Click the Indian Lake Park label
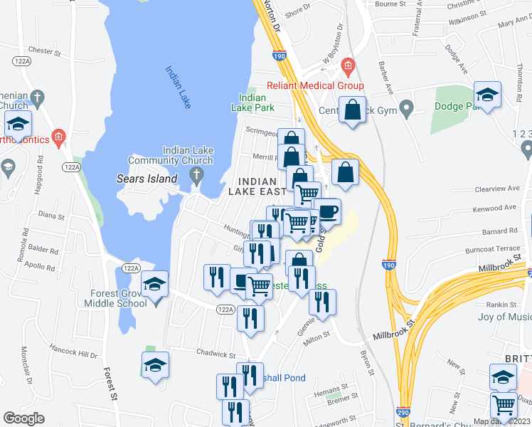click(252, 102)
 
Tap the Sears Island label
click(147, 179)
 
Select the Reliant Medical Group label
click(315, 86)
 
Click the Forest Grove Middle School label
click(119, 298)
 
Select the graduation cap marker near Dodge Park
click(488, 95)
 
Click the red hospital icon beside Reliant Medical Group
click(348, 68)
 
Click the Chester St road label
click(41, 51)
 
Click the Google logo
click(24, 418)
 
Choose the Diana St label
click(51, 214)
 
